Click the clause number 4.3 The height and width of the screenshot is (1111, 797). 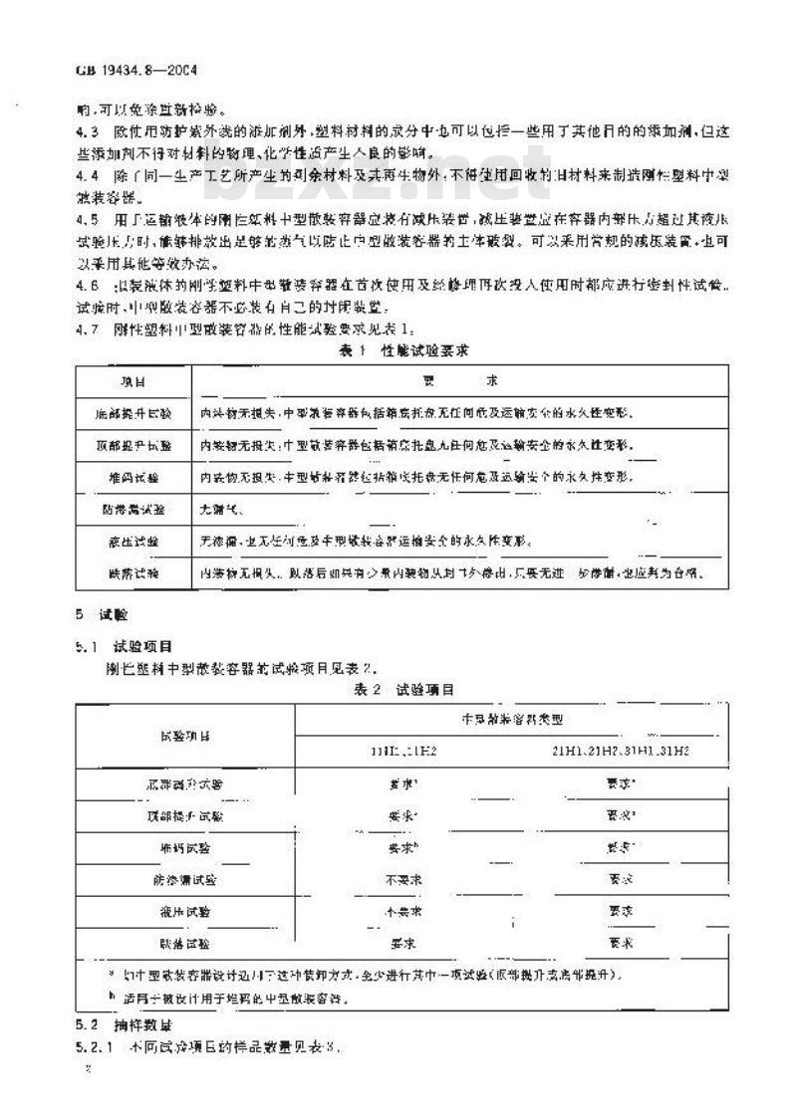click(87, 131)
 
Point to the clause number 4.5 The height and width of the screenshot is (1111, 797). click(87, 219)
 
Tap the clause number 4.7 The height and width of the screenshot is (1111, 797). click(87, 329)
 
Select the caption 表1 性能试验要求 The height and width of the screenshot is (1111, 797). click(398, 350)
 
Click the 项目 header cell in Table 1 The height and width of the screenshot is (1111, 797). click(133, 382)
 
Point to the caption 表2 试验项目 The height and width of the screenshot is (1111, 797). click(398, 689)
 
